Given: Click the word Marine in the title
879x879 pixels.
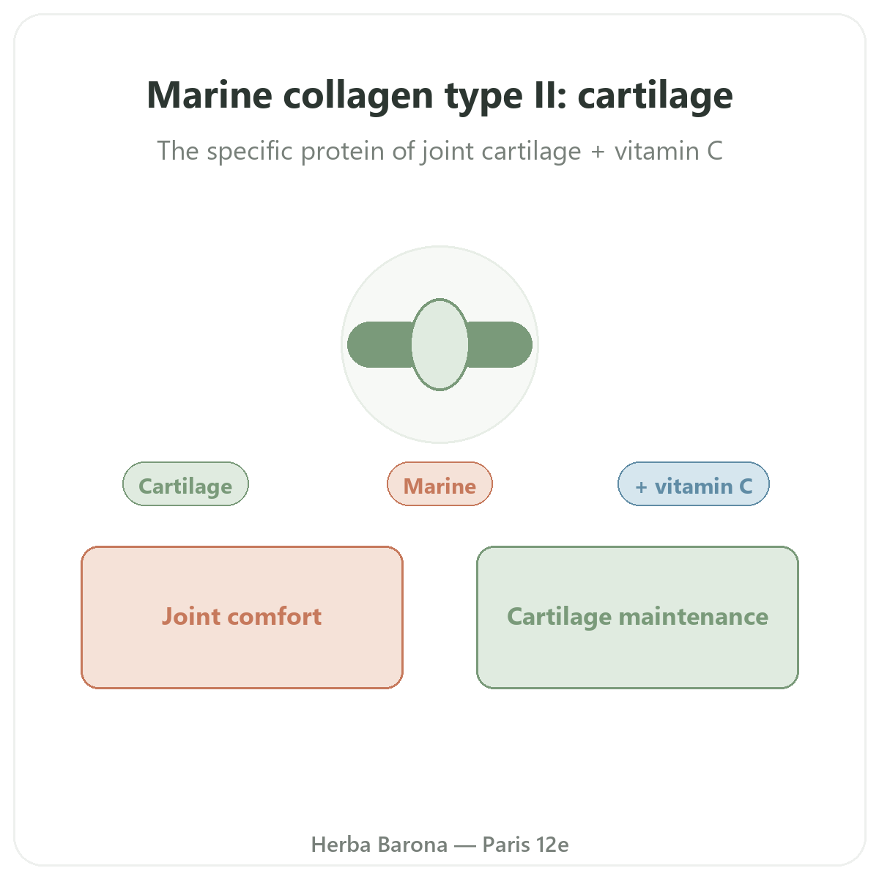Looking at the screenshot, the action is (209, 95).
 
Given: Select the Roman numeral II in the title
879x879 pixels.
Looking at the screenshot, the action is (545, 95).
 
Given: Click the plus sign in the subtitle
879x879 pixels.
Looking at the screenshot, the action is (598, 152).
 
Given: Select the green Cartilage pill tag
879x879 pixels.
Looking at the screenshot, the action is (185, 484).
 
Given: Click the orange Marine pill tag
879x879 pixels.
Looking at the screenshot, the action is (439, 484).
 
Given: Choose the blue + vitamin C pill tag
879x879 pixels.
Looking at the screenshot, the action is (694, 484).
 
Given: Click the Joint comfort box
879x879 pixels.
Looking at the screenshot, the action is (242, 617).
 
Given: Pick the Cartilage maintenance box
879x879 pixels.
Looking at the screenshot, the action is (637, 617).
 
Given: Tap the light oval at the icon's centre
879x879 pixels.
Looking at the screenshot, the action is (439, 345).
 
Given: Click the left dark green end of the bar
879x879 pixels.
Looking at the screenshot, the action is (379, 345).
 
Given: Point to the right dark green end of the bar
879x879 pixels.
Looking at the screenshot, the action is (500, 345).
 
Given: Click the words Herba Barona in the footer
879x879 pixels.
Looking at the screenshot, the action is (379, 845).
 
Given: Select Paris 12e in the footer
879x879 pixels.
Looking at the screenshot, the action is (525, 845).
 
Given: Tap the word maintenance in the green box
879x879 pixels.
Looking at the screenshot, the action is (694, 617).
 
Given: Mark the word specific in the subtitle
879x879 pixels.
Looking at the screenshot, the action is (250, 152).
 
